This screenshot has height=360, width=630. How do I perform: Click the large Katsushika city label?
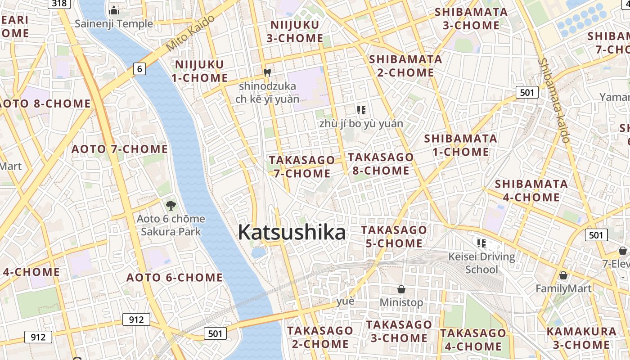point(292,233)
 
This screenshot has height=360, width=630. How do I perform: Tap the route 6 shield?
point(140,69)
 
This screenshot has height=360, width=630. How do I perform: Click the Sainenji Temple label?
point(114,23)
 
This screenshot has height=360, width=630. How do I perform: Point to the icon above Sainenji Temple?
point(114,10)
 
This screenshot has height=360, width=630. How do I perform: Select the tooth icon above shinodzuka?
point(267,72)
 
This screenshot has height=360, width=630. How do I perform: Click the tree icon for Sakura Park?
point(171,206)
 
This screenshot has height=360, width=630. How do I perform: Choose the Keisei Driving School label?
point(481,263)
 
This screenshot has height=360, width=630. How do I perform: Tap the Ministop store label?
point(401,302)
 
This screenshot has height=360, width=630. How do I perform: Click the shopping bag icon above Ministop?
point(401,289)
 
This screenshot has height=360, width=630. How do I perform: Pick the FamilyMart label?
point(563,288)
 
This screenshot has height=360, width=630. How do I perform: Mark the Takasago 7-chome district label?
point(302,166)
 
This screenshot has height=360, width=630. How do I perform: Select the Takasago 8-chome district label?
point(381,164)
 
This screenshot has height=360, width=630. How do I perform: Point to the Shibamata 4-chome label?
point(531,190)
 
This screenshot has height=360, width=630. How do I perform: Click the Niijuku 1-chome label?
point(199,71)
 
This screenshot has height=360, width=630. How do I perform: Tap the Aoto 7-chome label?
point(120,149)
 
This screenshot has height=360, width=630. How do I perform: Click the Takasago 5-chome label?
point(394,237)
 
